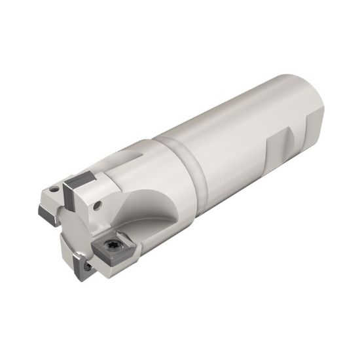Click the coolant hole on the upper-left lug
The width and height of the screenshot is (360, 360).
point(99,204)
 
